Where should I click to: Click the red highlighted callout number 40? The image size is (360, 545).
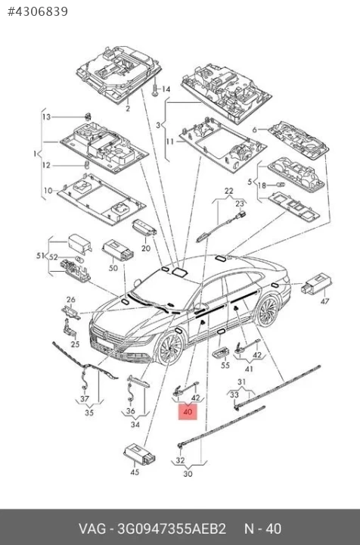pyautogui.click(x=188, y=412)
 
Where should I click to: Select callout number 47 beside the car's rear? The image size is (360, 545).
pyautogui.click(x=324, y=301)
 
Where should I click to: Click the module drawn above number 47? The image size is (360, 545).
pyautogui.click(x=317, y=285)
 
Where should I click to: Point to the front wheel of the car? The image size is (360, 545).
pyautogui.click(x=170, y=349)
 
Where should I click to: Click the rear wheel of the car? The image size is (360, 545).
pyautogui.click(x=267, y=311)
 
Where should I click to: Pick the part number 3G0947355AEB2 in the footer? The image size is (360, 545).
pyautogui.click(x=172, y=528)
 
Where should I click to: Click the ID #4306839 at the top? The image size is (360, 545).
pyautogui.click(x=38, y=11)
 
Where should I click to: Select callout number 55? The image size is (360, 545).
pyautogui.click(x=225, y=365)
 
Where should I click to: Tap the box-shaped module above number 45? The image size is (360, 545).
pyautogui.click(x=140, y=453)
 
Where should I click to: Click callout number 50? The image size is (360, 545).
pyautogui.click(x=113, y=268)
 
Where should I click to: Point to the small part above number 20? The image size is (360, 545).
pyautogui.click(x=144, y=228)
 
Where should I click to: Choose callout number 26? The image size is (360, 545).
pyautogui.click(x=71, y=299)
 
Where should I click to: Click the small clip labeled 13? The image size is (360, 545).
pyautogui.click(x=88, y=117)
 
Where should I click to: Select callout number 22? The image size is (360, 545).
pyautogui.click(x=229, y=191)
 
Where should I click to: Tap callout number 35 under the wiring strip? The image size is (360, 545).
pyautogui.click(x=89, y=413)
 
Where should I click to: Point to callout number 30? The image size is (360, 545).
pyautogui.click(x=188, y=474)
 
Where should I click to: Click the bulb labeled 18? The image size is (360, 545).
pyautogui.click(x=280, y=184)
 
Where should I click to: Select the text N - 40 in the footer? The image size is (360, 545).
pyautogui.click(x=262, y=528)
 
